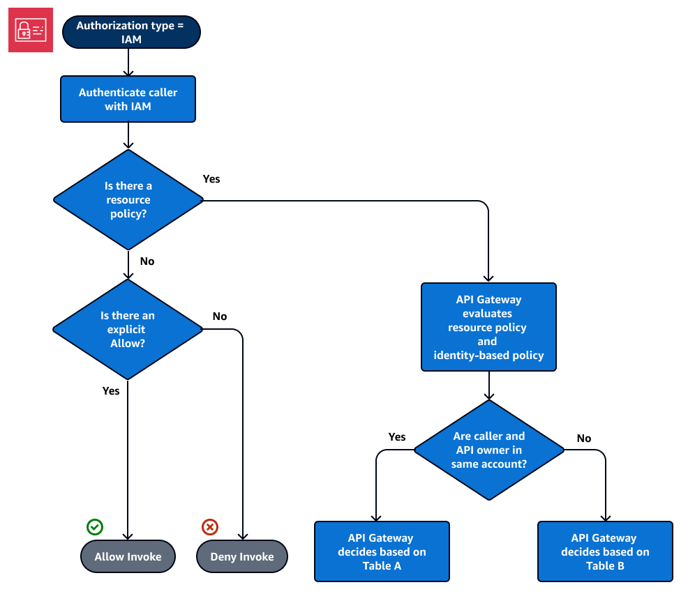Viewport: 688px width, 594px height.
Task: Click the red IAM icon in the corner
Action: pyautogui.click(x=31, y=30)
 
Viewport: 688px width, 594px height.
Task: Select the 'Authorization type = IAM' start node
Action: pyautogui.click(x=131, y=32)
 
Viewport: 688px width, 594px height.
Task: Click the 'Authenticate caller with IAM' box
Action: pyautogui.click(x=128, y=99)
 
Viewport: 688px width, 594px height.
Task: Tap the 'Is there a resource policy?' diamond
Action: pyautogui.click(x=128, y=199)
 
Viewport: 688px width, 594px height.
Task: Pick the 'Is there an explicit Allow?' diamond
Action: pyautogui.click(x=128, y=330)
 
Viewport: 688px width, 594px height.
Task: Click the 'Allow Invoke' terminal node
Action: pyautogui.click(x=128, y=556)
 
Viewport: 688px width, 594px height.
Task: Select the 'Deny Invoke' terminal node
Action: pyautogui.click(x=242, y=556)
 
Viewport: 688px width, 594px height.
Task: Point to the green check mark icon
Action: pyautogui.click(x=94, y=526)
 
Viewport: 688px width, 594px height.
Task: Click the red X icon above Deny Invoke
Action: pyautogui.click(x=209, y=526)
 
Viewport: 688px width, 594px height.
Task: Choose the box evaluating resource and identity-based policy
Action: pyautogui.click(x=488, y=327)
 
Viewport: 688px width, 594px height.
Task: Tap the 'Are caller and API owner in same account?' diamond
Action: pyautogui.click(x=488, y=450)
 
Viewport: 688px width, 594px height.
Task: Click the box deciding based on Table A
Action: pyautogui.click(x=382, y=551)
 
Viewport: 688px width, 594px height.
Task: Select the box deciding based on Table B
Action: pyautogui.click(x=605, y=551)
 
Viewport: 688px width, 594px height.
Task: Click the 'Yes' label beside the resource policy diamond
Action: pyautogui.click(x=211, y=179)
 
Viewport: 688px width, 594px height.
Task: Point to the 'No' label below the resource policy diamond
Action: pyautogui.click(x=147, y=261)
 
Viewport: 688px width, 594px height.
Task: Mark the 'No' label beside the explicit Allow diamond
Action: pyautogui.click(x=220, y=317)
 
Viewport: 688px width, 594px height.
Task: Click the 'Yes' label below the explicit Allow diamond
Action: pyautogui.click(x=111, y=391)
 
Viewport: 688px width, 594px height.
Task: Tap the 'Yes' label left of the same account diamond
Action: pyautogui.click(x=397, y=437)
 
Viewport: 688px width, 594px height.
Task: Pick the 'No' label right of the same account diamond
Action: pyautogui.click(x=584, y=439)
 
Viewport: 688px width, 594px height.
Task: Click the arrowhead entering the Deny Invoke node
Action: pyautogui.click(x=242, y=536)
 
